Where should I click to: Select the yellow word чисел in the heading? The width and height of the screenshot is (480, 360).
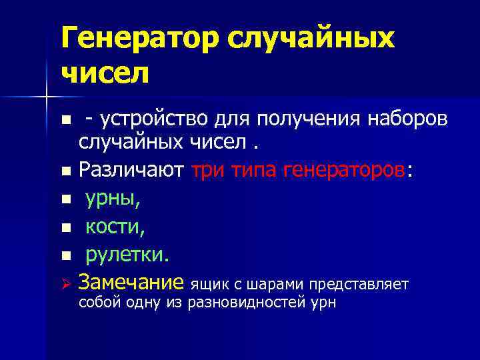[105, 73]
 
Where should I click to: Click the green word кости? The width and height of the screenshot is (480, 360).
[115, 227]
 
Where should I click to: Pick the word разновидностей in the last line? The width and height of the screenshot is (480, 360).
[243, 303]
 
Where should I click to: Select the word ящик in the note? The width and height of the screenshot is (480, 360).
[210, 285]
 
